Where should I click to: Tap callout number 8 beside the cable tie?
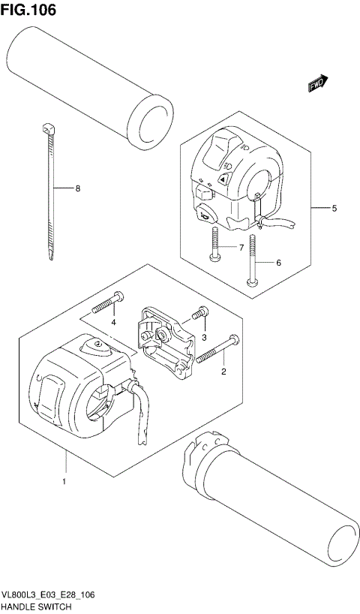coord(77,188)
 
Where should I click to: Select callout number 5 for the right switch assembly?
coord(334,208)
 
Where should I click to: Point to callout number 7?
coord(241,248)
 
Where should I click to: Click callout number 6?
coord(278,263)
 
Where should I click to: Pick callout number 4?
coord(114,322)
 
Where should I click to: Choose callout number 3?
coord(203,339)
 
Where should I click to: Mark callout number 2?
coord(223,371)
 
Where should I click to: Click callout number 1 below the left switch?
coord(65,480)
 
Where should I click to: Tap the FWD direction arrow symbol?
coord(317,85)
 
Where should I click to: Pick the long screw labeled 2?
coord(218,348)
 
